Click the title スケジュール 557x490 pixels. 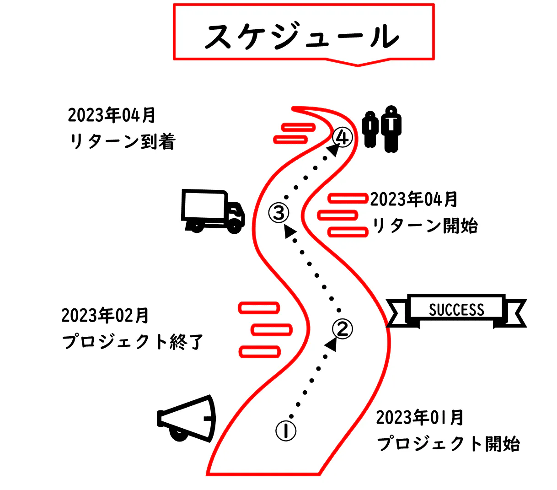click(303, 36)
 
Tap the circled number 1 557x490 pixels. click(286, 431)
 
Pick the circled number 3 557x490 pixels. click(278, 213)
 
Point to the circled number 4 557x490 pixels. click(343, 137)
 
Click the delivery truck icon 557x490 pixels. click(213, 211)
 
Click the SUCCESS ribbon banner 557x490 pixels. click(456, 310)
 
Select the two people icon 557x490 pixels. click(382, 129)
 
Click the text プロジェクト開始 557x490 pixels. click(448, 444)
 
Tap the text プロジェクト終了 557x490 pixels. click(133, 342)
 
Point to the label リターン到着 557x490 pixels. click(123, 142)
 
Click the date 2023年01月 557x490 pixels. click(420, 418)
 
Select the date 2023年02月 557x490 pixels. click(105, 316)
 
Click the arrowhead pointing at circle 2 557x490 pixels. click(332, 344)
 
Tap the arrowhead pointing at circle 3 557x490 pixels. click(289, 231)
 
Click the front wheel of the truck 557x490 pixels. click(235, 226)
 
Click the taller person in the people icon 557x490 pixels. click(391, 129)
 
